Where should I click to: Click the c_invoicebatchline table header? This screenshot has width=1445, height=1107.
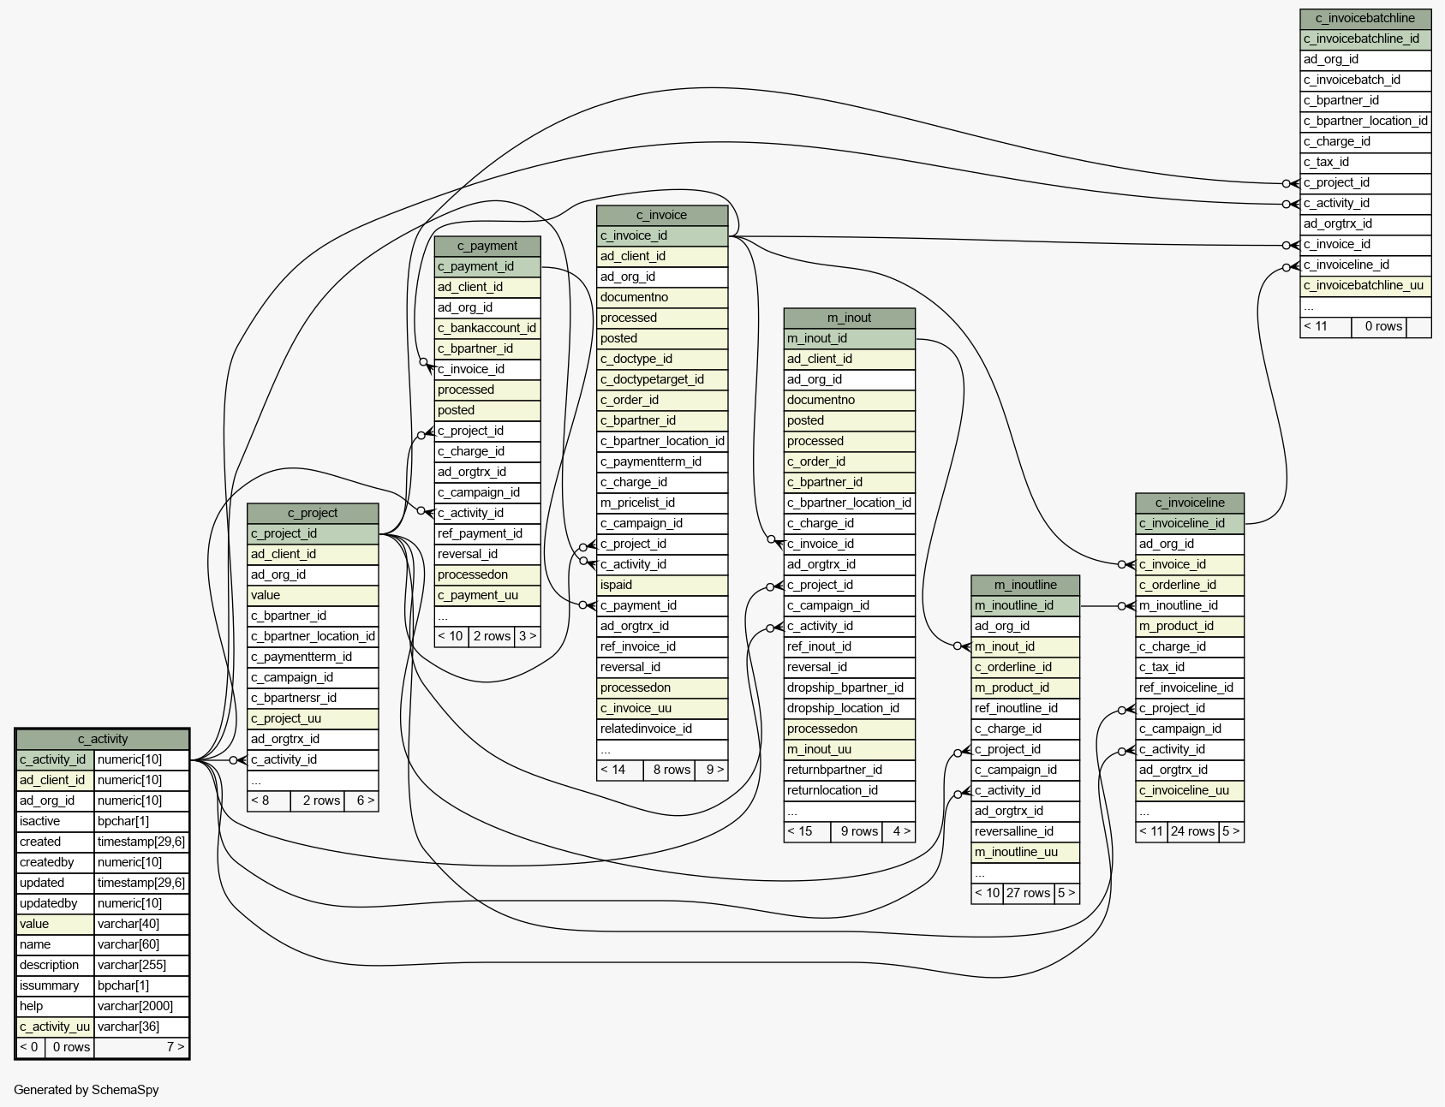tap(1365, 18)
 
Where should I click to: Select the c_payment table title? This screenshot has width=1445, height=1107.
tap(487, 246)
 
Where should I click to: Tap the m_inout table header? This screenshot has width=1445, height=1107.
tap(850, 318)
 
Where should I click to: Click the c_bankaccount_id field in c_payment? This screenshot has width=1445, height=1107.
tap(487, 328)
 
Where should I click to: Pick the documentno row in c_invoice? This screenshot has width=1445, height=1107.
tap(662, 297)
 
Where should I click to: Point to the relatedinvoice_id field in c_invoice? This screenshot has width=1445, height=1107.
tap(662, 729)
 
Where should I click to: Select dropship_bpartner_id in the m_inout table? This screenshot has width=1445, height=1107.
tap(850, 687)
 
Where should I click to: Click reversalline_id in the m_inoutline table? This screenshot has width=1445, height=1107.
tap(1025, 831)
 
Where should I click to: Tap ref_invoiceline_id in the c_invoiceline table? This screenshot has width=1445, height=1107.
tap(1190, 687)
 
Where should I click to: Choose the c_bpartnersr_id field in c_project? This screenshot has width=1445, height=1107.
tap(313, 698)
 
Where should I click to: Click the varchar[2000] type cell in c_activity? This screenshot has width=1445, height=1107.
tap(141, 1006)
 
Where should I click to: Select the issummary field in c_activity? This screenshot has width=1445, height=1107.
tap(55, 985)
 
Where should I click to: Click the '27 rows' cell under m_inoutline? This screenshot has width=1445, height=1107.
tap(1028, 893)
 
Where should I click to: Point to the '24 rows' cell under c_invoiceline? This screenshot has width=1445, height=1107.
tap(1192, 831)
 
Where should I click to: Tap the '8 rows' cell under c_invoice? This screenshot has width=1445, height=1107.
tap(672, 770)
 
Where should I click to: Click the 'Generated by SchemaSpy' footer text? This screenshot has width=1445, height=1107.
tap(87, 1090)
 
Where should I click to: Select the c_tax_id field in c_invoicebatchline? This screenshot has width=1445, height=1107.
tap(1365, 162)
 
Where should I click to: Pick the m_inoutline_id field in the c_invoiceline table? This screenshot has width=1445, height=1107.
tap(1190, 605)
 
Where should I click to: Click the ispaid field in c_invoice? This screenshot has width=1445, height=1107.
tap(662, 585)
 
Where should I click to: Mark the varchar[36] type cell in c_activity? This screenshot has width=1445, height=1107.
tap(141, 1027)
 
